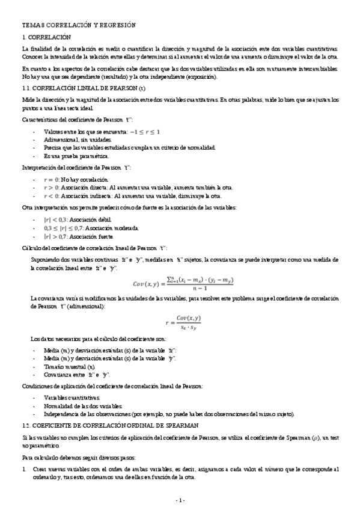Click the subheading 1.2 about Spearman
(104, 425)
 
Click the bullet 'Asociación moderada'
(90, 229)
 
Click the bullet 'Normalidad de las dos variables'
(85, 407)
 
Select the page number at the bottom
(180, 500)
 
